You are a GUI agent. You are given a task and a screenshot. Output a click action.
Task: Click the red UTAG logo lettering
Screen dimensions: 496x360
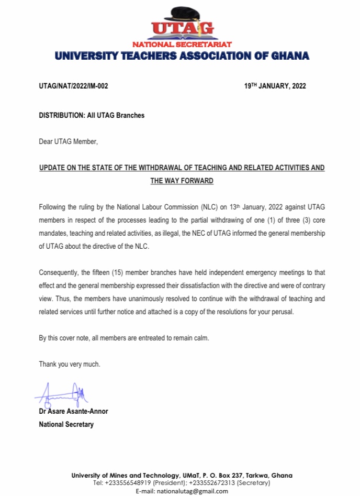[x=182, y=27]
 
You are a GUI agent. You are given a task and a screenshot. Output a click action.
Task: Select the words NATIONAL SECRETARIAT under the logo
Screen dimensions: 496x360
[x=182, y=45]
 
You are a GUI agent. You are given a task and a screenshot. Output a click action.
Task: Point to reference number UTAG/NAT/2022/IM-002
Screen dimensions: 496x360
[x=73, y=86]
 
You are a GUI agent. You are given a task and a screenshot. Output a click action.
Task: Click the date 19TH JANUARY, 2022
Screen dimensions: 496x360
[x=275, y=86]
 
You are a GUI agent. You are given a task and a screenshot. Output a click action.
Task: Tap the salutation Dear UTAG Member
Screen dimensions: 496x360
[x=68, y=141]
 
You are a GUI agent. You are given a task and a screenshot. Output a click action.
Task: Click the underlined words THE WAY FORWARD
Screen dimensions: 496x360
[x=182, y=181]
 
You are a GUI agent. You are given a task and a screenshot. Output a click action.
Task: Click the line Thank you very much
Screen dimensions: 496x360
[x=69, y=364]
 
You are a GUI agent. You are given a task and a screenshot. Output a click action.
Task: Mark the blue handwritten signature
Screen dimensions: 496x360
[x=62, y=393]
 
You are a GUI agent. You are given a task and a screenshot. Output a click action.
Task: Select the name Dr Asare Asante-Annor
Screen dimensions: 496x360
[x=73, y=411]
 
